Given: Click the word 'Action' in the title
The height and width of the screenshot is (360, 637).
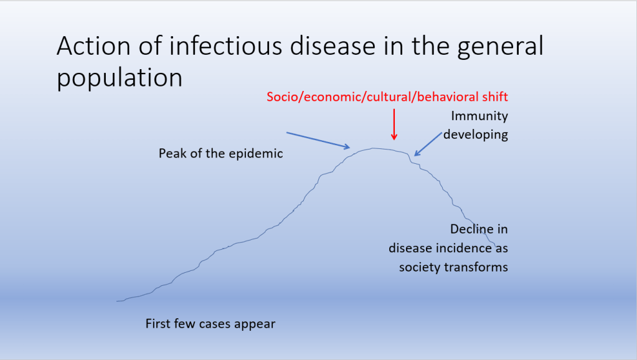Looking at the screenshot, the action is click(x=94, y=45).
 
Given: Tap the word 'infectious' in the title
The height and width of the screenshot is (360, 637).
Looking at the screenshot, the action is click(x=225, y=45).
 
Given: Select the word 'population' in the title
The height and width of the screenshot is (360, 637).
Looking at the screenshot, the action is click(x=120, y=78).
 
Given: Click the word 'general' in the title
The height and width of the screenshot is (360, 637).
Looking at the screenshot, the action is click(x=500, y=47).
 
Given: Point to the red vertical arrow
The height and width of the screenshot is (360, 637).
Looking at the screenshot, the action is click(x=394, y=125).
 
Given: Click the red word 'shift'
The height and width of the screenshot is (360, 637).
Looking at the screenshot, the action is click(x=494, y=97).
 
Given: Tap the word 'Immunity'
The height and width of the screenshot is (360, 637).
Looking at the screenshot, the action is click(x=479, y=116).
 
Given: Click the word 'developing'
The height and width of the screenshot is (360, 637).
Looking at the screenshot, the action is click(x=475, y=135).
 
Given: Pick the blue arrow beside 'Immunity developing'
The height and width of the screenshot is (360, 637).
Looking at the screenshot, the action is click(x=428, y=144).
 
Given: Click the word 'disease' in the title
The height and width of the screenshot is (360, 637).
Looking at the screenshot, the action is click(x=333, y=45).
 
